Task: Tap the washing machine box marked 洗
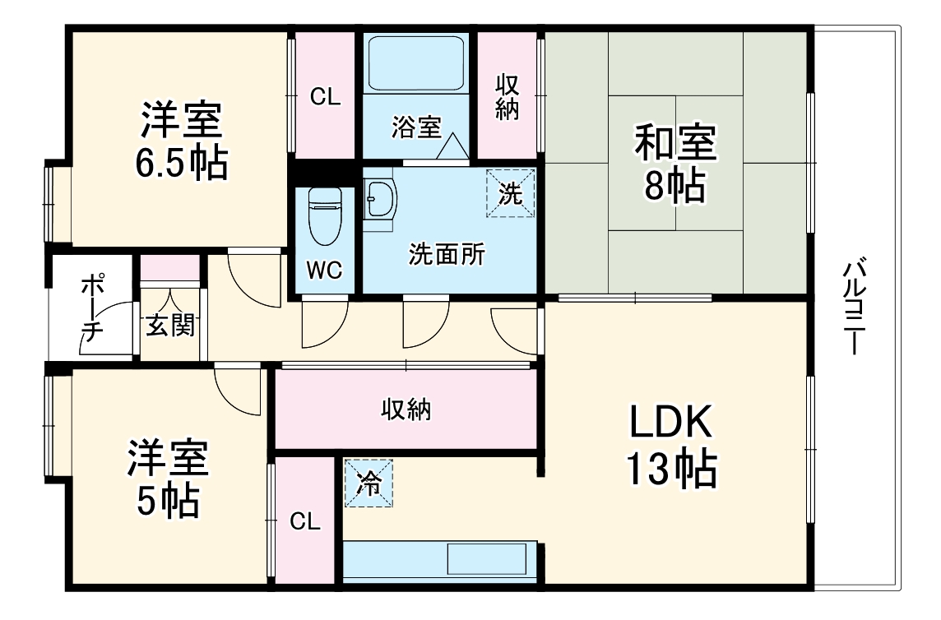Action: pos(510,193)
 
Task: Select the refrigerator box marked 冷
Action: pos(369,483)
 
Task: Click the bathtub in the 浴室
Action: pos(416,63)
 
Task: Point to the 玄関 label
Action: pos(170,326)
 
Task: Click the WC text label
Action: pos(325,270)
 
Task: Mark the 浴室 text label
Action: pos(415,127)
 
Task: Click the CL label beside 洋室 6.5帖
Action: pos(325,97)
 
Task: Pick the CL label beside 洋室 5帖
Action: pos(304,521)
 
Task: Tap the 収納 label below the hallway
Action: pos(406,409)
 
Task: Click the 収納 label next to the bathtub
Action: pos(508,97)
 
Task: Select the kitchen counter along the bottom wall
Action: pos(440,562)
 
